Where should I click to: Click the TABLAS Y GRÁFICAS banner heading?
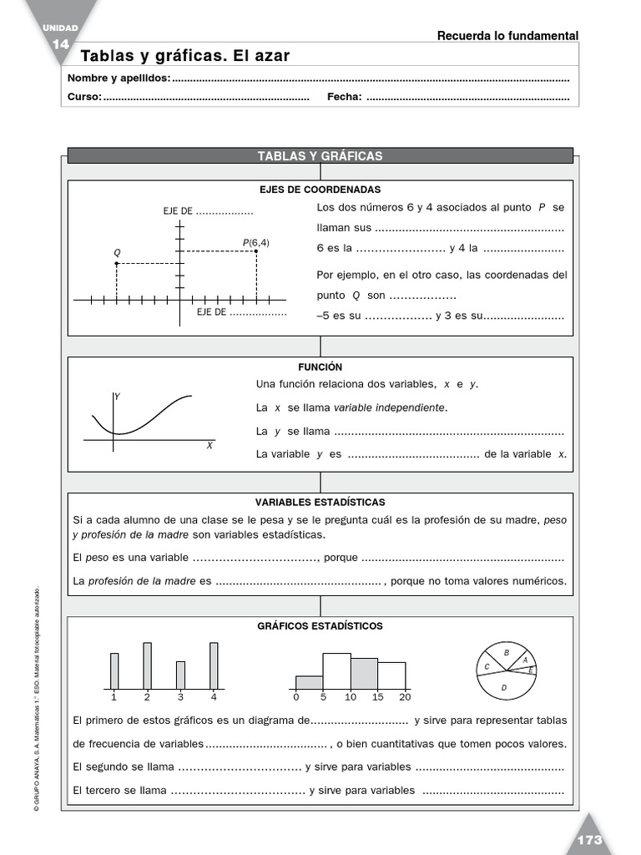(320, 156)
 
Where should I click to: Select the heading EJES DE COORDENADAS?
(320, 190)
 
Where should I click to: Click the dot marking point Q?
(117, 263)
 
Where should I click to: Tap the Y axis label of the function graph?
(118, 397)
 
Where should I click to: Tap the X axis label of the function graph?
(209, 446)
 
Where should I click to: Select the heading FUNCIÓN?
(320, 367)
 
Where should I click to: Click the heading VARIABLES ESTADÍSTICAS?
(320, 502)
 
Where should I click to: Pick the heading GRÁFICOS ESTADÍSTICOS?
(320, 625)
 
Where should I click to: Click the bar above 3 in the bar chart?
(180, 674)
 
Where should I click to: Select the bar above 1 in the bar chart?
(114, 670)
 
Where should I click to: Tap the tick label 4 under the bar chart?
(214, 696)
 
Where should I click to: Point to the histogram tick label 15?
(377, 696)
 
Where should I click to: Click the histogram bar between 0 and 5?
(309, 682)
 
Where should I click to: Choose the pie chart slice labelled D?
(504, 687)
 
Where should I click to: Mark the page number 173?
(588, 840)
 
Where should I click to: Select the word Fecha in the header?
(344, 97)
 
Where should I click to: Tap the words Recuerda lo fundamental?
(507, 35)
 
